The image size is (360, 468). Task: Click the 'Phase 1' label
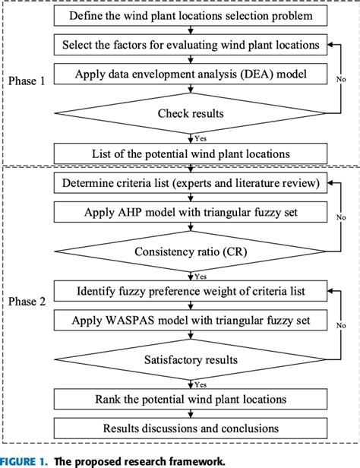tap(28, 80)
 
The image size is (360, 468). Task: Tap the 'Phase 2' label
tap(28, 302)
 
